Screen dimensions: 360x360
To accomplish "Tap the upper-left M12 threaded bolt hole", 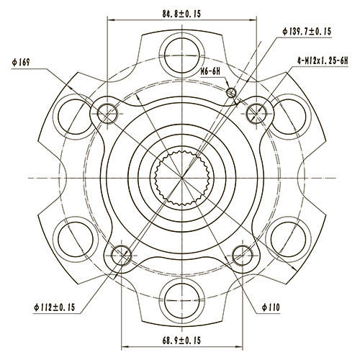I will point(107,112).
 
